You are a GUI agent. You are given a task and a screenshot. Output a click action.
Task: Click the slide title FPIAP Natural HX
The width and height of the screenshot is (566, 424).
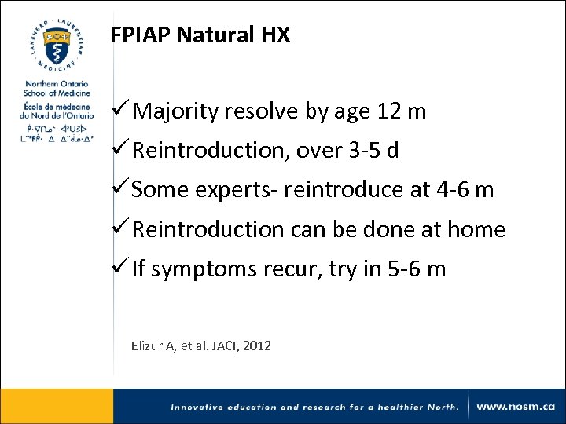[x=200, y=35]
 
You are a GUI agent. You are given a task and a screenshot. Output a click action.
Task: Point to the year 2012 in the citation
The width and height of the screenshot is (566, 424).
[x=257, y=345]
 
